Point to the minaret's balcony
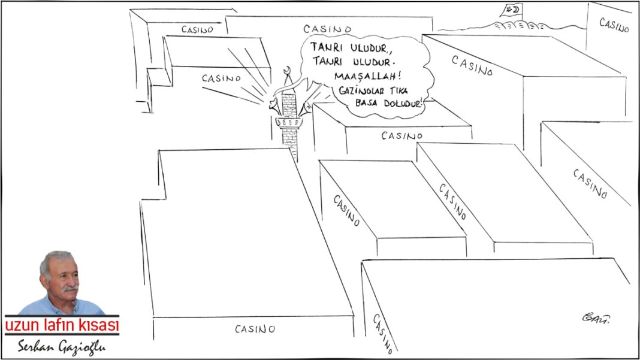(x=289, y=122)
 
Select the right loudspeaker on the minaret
(x=305, y=107)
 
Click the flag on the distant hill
(x=511, y=11)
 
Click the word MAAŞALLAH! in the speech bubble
(x=364, y=76)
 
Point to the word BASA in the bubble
(x=366, y=103)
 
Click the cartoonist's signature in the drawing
(x=596, y=317)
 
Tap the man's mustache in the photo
(x=70, y=289)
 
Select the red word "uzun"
(x=23, y=325)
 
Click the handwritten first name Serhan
(x=36, y=347)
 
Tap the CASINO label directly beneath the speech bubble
(x=402, y=135)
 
